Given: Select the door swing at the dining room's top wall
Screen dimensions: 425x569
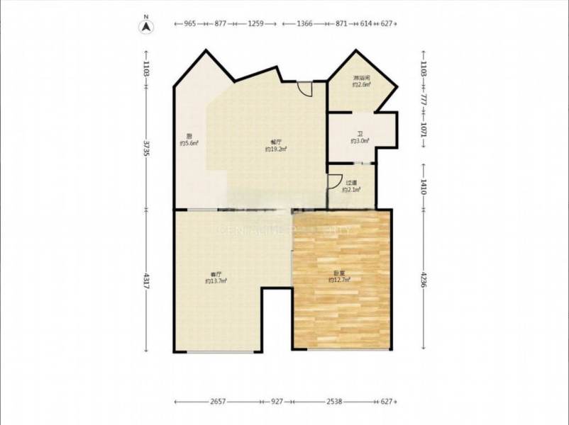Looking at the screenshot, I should [x=305, y=89].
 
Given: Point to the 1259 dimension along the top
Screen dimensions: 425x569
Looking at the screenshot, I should [x=256, y=23].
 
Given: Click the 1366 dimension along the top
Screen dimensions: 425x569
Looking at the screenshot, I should [x=305, y=23].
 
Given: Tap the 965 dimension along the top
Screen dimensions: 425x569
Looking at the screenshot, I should [x=189, y=23].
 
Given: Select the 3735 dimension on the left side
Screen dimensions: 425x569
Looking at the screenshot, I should [x=146, y=153].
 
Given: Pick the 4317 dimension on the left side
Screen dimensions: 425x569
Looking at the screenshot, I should [x=146, y=280].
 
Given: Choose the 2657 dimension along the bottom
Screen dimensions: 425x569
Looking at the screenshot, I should [x=218, y=402].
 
